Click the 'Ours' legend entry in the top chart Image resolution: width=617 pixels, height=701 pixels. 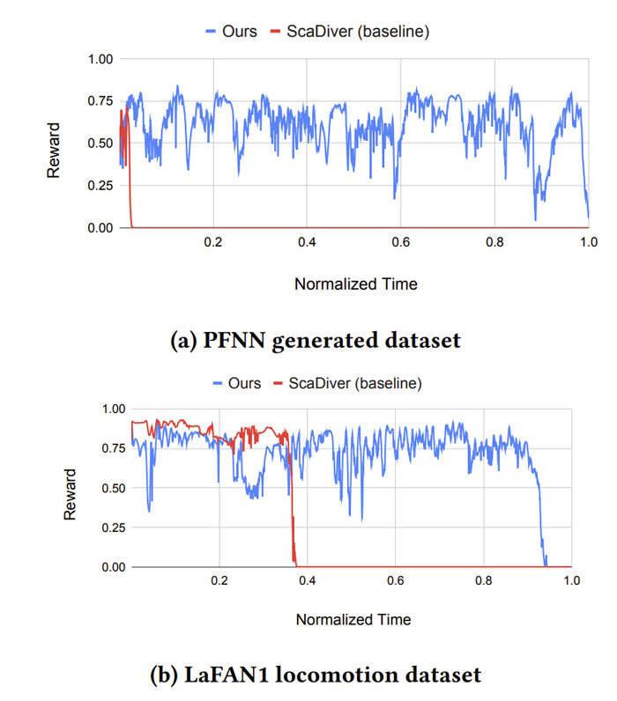[239, 31]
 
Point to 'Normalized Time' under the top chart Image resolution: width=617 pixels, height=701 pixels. [355, 284]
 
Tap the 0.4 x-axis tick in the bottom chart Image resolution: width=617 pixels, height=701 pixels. [307, 581]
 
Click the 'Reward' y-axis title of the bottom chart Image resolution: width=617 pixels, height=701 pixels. [71, 492]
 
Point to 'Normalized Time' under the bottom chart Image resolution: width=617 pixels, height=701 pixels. [353, 619]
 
